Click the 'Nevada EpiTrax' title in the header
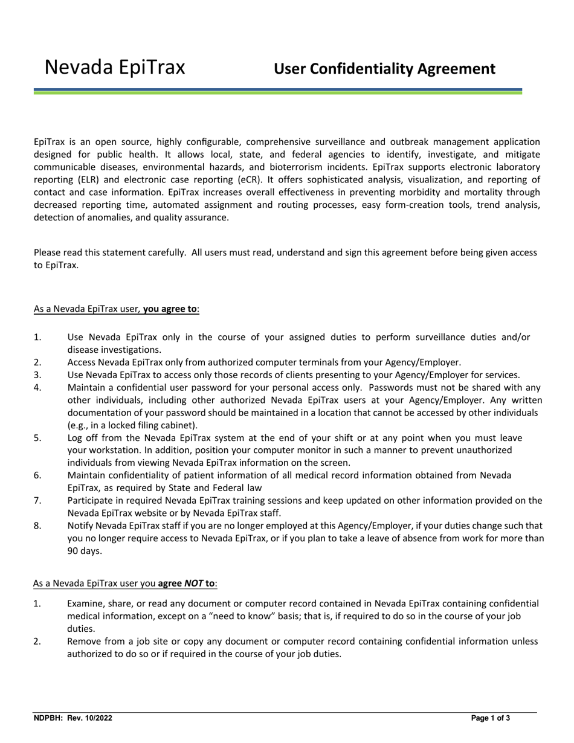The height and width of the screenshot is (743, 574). pos(115,67)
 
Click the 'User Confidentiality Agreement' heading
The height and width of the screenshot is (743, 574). pos(384,69)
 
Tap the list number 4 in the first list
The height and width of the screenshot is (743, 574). pos(37,387)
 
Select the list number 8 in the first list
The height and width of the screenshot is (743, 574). pos(37,526)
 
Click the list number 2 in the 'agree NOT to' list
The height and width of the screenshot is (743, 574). pos(37,641)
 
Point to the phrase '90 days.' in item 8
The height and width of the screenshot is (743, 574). pos(85,551)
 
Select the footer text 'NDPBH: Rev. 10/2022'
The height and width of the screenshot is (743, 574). pos(73,718)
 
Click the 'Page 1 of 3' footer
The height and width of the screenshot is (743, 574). pos(491,718)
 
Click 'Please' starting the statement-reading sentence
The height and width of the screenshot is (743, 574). pos(48,252)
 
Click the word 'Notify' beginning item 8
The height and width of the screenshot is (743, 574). pos(81,526)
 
